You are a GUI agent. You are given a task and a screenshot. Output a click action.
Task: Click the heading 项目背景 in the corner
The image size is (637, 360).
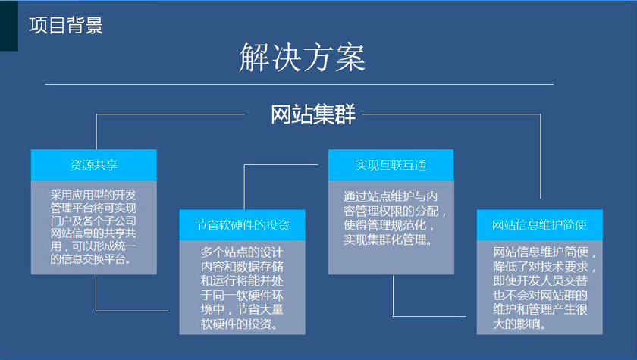click(66, 25)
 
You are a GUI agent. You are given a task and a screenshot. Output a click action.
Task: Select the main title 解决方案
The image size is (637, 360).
click(303, 58)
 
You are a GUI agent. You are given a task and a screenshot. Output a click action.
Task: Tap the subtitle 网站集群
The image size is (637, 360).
click(312, 114)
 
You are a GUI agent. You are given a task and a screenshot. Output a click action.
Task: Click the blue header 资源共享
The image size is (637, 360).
click(94, 164)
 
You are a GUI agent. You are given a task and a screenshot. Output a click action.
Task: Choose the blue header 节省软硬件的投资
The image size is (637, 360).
click(242, 225)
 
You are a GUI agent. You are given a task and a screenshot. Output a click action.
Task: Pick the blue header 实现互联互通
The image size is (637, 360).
click(391, 164)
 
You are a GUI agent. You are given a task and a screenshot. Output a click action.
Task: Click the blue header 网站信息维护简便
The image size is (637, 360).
click(539, 225)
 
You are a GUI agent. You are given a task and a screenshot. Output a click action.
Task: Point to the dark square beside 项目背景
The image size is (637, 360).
click(9, 26)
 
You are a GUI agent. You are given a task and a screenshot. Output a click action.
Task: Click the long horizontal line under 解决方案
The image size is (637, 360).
click(299, 84)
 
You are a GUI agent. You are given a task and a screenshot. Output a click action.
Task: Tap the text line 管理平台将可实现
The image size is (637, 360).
click(93, 208)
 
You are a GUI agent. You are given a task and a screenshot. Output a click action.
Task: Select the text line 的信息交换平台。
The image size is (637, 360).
click(90, 259)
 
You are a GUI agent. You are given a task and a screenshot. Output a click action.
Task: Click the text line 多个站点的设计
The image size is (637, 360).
click(242, 252)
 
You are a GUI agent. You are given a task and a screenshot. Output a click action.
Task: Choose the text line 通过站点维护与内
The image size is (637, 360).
click(391, 196)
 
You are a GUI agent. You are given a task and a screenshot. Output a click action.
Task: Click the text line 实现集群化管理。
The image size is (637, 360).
click(388, 239)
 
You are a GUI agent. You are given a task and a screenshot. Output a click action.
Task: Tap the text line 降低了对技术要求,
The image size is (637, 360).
click(544, 267)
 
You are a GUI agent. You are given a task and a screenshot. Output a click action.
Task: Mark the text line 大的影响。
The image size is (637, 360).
click(519, 324)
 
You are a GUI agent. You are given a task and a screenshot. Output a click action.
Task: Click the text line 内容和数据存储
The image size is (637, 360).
click(242, 267)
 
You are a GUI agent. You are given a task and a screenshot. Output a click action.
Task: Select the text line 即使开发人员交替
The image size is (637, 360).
click(540, 281)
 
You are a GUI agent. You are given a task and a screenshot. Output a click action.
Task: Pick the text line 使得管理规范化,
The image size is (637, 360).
click(388, 225)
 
